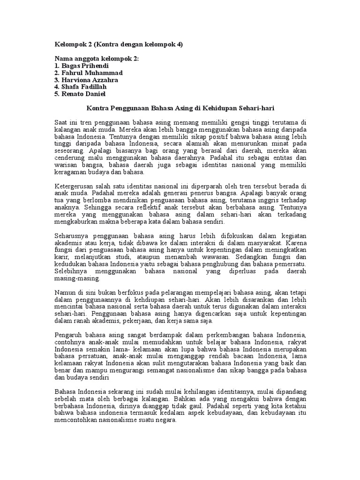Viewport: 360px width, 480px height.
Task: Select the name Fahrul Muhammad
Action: (88, 73)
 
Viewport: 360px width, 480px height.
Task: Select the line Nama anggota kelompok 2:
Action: (97, 59)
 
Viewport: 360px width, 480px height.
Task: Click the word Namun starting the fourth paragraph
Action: (64, 292)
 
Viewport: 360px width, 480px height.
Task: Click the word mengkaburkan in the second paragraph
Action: (77, 221)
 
